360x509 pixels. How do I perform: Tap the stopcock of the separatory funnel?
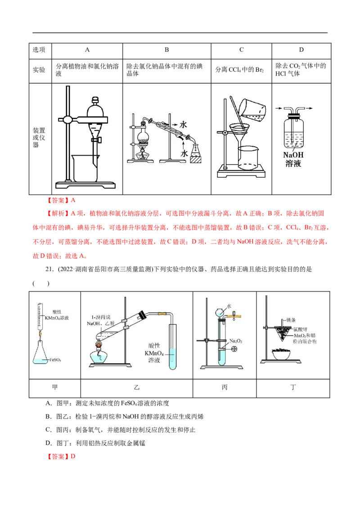pyautogui.click(x=95, y=140)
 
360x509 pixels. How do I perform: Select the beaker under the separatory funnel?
pyautogui.click(x=85, y=168)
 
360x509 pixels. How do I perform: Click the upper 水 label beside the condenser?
pyautogui.click(x=183, y=124)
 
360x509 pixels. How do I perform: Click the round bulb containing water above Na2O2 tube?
pyautogui.click(x=220, y=312)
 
